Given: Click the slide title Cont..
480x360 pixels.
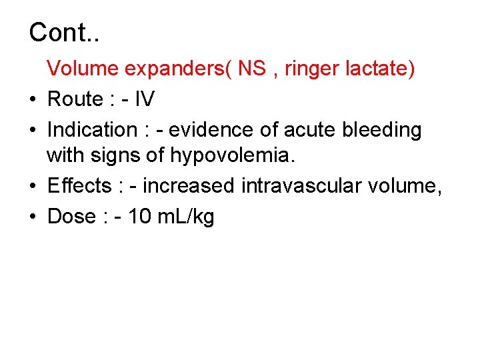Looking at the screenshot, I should [x=64, y=32].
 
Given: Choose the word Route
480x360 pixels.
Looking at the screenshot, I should [x=74, y=99].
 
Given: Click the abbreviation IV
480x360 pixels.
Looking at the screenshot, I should [x=144, y=99].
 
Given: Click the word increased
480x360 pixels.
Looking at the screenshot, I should [x=189, y=186].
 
